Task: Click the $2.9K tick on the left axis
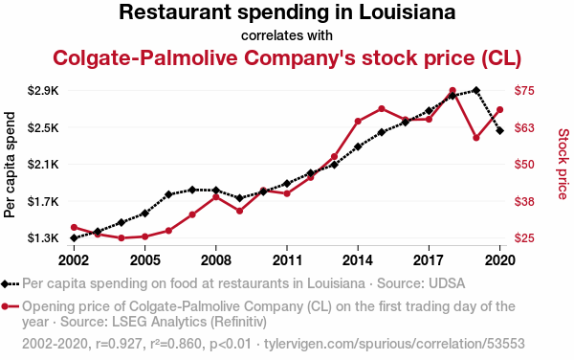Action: (43, 90)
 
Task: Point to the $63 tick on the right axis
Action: (524, 127)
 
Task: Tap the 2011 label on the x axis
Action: (287, 260)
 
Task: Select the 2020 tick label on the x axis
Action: (499, 260)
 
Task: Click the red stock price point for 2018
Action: (453, 90)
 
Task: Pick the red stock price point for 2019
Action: (476, 138)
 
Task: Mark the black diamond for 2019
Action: (476, 90)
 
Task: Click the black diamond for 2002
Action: (74, 238)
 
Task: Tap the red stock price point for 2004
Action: (121, 238)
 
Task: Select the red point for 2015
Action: (382, 109)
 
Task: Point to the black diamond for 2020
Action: (499, 131)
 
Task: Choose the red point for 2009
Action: (240, 211)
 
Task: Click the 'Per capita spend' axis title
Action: (10, 165)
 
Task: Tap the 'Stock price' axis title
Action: (563, 164)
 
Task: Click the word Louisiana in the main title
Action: (408, 12)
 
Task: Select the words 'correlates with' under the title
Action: (287, 35)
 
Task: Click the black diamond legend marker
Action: (5, 283)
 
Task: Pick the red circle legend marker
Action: (5, 306)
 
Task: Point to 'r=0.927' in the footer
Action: (119, 344)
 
